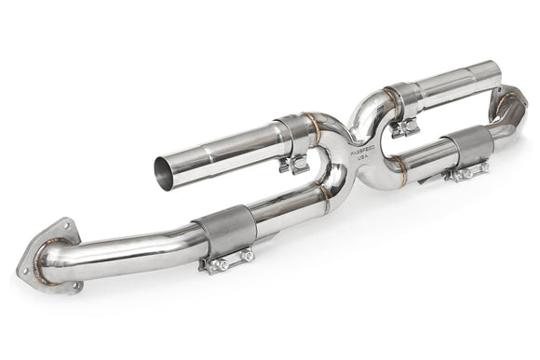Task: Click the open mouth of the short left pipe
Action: [165, 169]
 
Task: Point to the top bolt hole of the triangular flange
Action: [66, 223]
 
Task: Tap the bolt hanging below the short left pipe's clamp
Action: [294, 166]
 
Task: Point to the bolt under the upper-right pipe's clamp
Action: [405, 127]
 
